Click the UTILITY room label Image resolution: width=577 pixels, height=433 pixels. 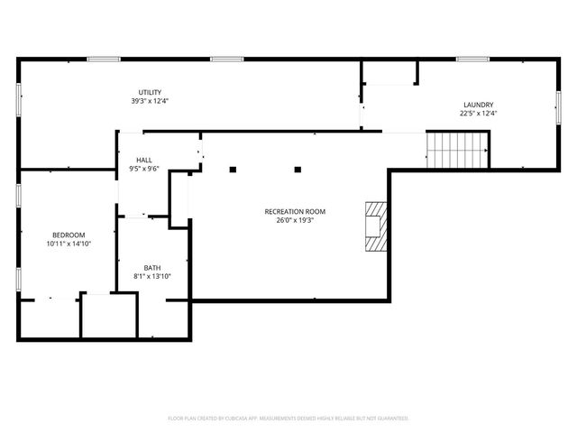(150, 93)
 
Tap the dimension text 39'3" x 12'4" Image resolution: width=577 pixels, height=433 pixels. (150, 101)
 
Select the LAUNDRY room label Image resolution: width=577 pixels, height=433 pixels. (478, 105)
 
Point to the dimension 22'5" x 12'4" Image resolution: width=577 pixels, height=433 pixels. (478, 114)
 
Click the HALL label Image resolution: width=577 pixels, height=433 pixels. (143, 160)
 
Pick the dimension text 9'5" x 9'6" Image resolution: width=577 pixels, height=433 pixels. (143, 168)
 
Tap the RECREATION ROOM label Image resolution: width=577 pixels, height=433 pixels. (295, 211)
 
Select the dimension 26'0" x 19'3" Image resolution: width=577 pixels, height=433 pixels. (295, 219)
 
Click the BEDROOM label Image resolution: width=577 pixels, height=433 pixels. (69, 235)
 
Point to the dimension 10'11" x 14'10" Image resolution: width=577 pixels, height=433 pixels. (69, 244)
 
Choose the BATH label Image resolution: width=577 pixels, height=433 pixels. (151, 267)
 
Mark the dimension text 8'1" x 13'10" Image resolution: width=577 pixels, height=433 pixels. (151, 276)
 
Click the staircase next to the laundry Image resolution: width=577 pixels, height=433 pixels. (456, 150)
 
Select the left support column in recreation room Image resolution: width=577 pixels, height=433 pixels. (233, 169)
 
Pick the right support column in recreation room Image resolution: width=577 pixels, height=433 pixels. (298, 169)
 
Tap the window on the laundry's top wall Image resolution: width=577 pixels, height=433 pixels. (472, 60)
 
